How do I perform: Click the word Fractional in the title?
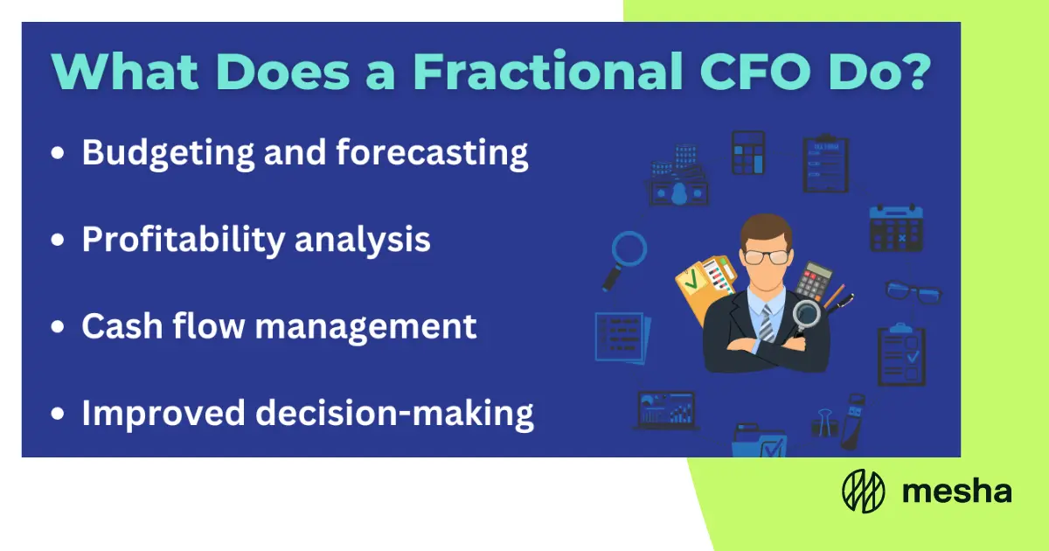(547, 71)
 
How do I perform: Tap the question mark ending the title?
(914, 70)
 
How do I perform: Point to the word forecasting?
(432, 154)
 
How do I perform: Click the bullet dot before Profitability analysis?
(58, 240)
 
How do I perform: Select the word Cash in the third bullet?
(122, 325)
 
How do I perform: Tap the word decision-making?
(394, 414)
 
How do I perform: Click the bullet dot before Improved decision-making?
(58, 414)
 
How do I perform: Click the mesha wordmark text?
(956, 492)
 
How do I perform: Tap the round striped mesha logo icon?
(864, 491)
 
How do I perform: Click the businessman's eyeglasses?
(767, 257)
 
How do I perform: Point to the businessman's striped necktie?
(766, 324)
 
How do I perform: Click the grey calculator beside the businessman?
(814, 281)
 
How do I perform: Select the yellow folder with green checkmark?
(703, 287)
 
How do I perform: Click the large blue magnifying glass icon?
(624, 261)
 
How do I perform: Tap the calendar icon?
(896, 228)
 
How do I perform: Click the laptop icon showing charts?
(666, 411)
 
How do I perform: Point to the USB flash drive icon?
(853, 421)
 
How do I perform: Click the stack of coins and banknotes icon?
(678, 176)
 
